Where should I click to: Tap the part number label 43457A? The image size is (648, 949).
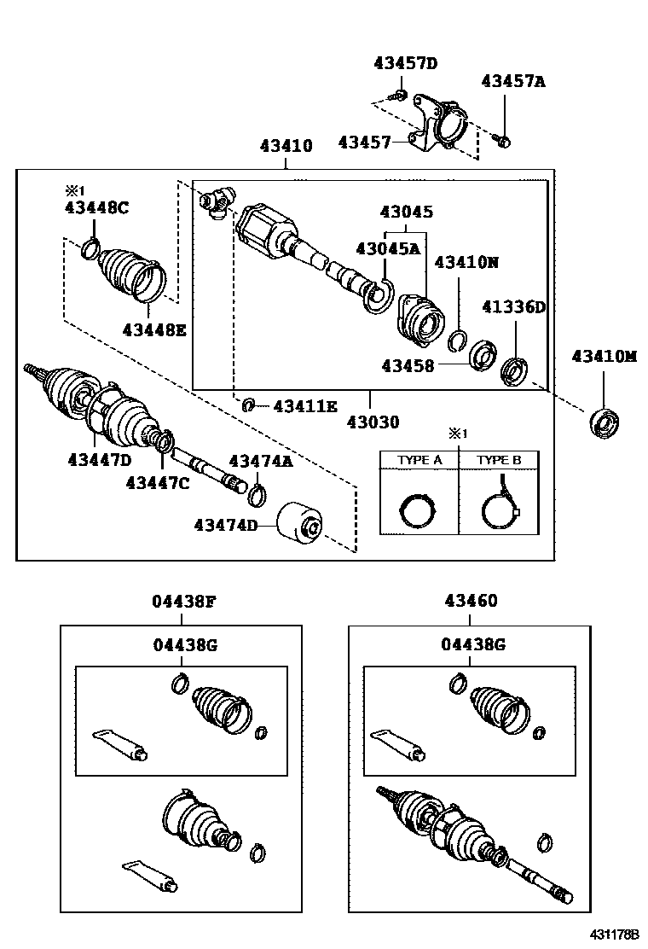[512, 81]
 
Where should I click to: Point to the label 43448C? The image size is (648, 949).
[96, 207]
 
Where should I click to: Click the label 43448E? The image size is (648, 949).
[153, 329]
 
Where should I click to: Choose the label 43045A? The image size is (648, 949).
[388, 248]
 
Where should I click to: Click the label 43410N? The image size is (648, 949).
[466, 262]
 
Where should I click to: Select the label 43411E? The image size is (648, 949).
[305, 405]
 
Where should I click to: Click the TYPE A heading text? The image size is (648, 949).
[419, 460]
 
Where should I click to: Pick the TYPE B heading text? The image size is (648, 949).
[499, 460]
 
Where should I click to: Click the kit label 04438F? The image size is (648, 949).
[184, 601]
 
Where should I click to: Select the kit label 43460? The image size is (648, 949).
[471, 601]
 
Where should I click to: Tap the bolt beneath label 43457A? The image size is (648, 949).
[504, 140]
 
